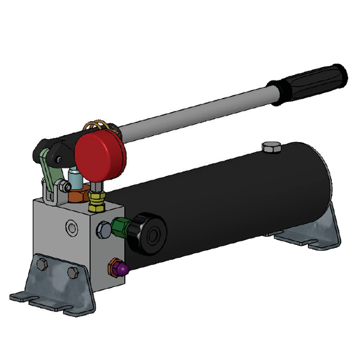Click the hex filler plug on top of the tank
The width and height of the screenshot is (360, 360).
coord(271,146)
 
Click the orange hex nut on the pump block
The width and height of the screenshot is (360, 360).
coord(77,195)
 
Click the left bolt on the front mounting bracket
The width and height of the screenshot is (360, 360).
coord(41,264)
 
